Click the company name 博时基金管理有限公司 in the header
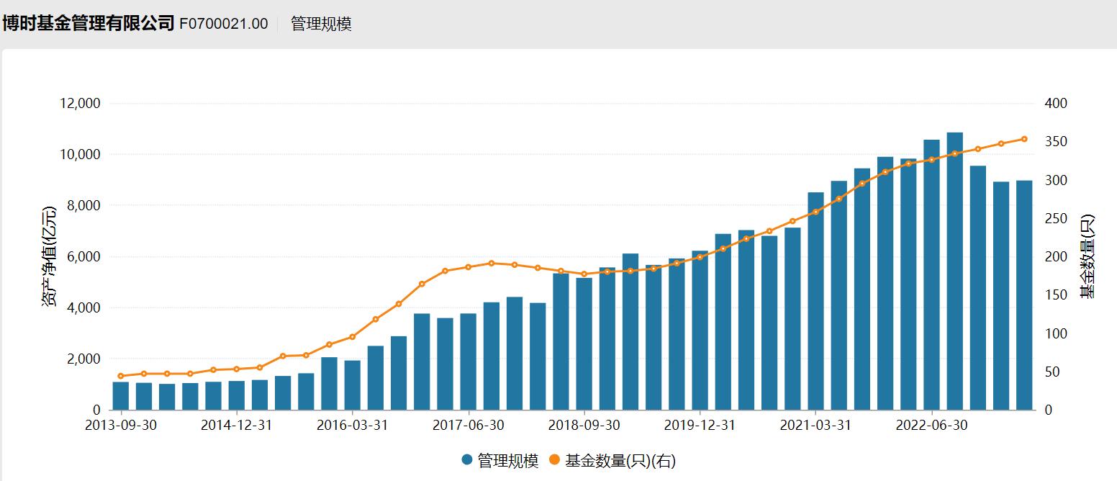(88, 24)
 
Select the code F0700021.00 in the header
(223, 24)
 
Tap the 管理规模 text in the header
(321, 24)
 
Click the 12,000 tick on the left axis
(79, 104)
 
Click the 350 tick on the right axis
(1056, 142)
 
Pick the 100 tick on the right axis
(1056, 334)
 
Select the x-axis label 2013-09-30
(121, 426)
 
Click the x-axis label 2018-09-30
(584, 426)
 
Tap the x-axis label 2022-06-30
(931, 426)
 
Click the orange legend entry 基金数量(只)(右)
(612, 461)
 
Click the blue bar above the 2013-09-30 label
(121, 396)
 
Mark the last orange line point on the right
(1024, 139)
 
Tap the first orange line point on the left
(121, 376)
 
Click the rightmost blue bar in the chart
(1024, 295)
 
